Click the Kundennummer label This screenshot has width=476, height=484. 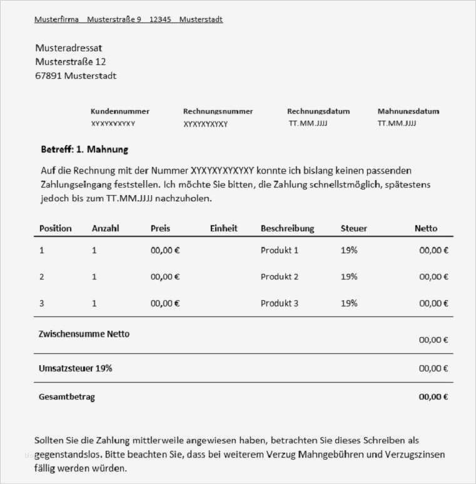[x=120, y=111]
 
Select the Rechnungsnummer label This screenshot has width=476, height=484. [x=218, y=111]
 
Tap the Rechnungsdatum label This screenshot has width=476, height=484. [x=318, y=111]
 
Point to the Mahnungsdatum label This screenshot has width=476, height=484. [x=408, y=111]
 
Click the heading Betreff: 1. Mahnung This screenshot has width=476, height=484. [x=84, y=149]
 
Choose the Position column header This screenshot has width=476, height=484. [x=56, y=228]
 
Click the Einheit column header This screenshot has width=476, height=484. [x=223, y=228]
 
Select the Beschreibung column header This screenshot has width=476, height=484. [x=287, y=228]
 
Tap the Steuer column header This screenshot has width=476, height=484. [x=354, y=228]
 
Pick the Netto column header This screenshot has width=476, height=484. [x=426, y=228]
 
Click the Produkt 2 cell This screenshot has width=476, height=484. [x=280, y=276]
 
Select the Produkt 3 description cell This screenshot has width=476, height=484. [x=280, y=303]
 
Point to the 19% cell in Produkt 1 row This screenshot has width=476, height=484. [x=349, y=250]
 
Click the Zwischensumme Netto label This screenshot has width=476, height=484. [x=84, y=334]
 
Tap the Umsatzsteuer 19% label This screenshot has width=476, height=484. [x=76, y=368]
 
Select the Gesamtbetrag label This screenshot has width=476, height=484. [x=67, y=396]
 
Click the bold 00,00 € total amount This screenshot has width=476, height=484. [x=433, y=396]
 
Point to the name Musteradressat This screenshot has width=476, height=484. [x=69, y=48]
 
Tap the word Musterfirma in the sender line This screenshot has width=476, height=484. [x=57, y=19]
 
